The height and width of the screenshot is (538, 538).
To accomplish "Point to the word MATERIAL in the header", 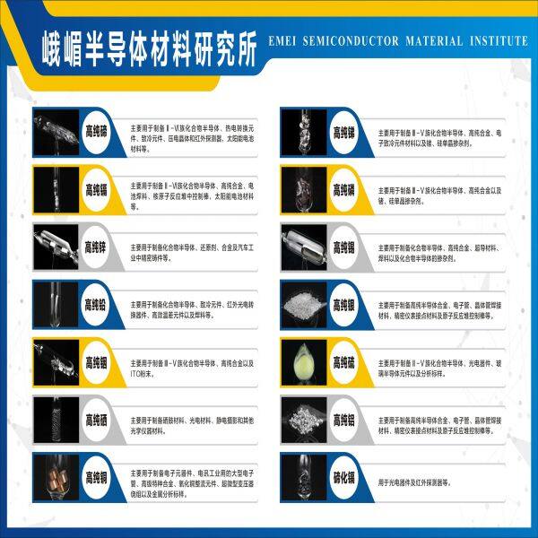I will tap(439, 42).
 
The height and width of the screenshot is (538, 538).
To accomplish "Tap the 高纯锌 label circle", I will tap(94, 246).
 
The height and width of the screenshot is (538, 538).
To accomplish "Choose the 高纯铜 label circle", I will tap(94, 475).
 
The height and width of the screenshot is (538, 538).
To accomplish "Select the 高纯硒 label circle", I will tap(94, 418).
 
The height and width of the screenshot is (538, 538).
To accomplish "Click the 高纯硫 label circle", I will tap(343, 360).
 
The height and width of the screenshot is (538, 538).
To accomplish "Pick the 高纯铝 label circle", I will tap(343, 418).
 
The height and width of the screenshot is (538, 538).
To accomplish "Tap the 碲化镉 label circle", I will tap(343, 475).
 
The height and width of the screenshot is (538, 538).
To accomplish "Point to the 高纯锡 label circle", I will tap(343, 246).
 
